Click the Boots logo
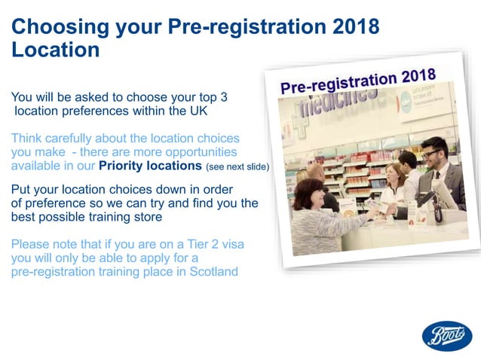coord(446,336)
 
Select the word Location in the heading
coord(55,50)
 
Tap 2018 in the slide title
coord(353,28)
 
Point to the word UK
coord(198,111)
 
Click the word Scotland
coord(210,272)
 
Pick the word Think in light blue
coord(27,139)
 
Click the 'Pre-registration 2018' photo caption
coord(358,80)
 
